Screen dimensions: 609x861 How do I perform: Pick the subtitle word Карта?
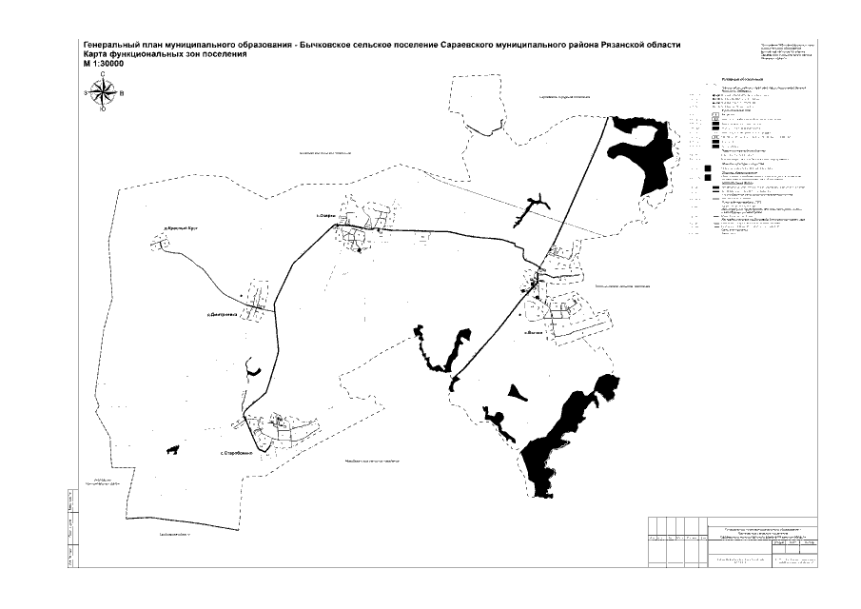coord(95,55)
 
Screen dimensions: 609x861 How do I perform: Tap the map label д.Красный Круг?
coord(181,227)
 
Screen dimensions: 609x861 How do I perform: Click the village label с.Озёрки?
coord(328,217)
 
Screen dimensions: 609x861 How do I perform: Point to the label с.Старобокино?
coord(236,452)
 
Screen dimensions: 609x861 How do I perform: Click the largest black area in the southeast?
coord(561,438)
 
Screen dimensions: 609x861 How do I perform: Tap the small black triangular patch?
coord(515,391)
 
